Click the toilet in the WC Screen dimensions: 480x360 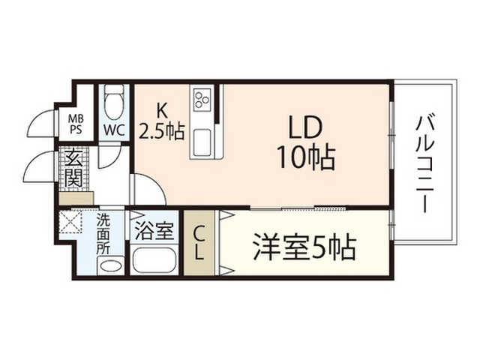(x=114, y=103)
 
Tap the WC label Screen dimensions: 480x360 (x=114, y=130)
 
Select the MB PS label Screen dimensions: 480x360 (x=75, y=124)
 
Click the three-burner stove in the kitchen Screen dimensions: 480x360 (x=202, y=100)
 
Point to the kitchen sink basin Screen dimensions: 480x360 (x=202, y=142)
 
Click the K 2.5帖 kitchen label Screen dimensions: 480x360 (x=161, y=121)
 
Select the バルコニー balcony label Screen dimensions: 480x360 (x=425, y=163)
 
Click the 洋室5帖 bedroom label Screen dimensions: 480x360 (x=304, y=247)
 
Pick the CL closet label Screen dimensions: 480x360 (x=199, y=244)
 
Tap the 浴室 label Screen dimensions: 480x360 (x=154, y=230)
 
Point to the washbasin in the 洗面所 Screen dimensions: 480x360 (x=110, y=265)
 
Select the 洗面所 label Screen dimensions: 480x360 (x=103, y=233)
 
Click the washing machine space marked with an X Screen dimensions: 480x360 (x=71, y=221)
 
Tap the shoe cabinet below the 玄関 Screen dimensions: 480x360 (x=76, y=199)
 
